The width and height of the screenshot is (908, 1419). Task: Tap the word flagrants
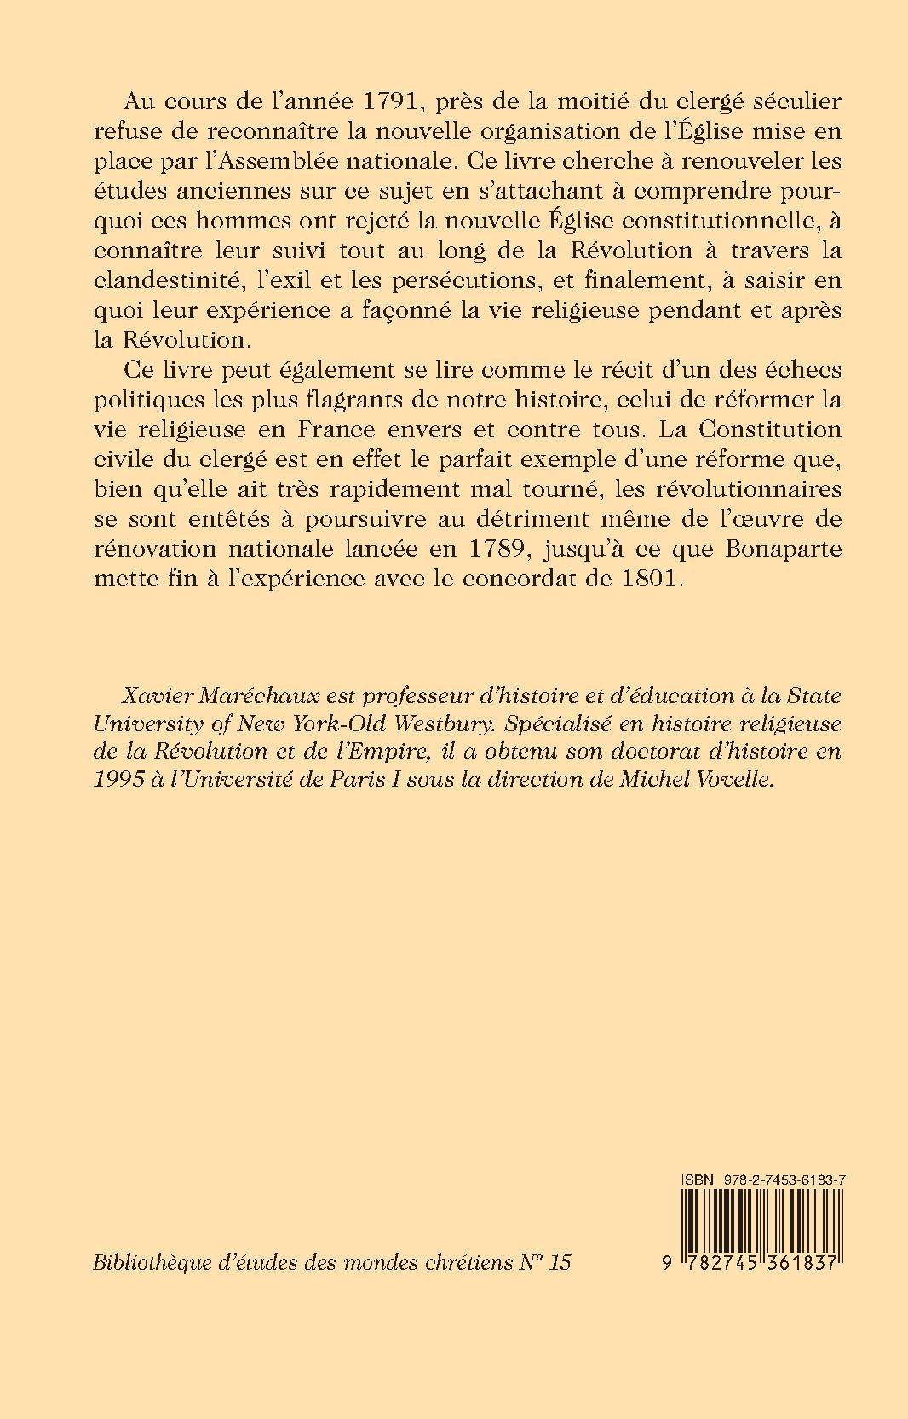[x=394, y=400]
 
